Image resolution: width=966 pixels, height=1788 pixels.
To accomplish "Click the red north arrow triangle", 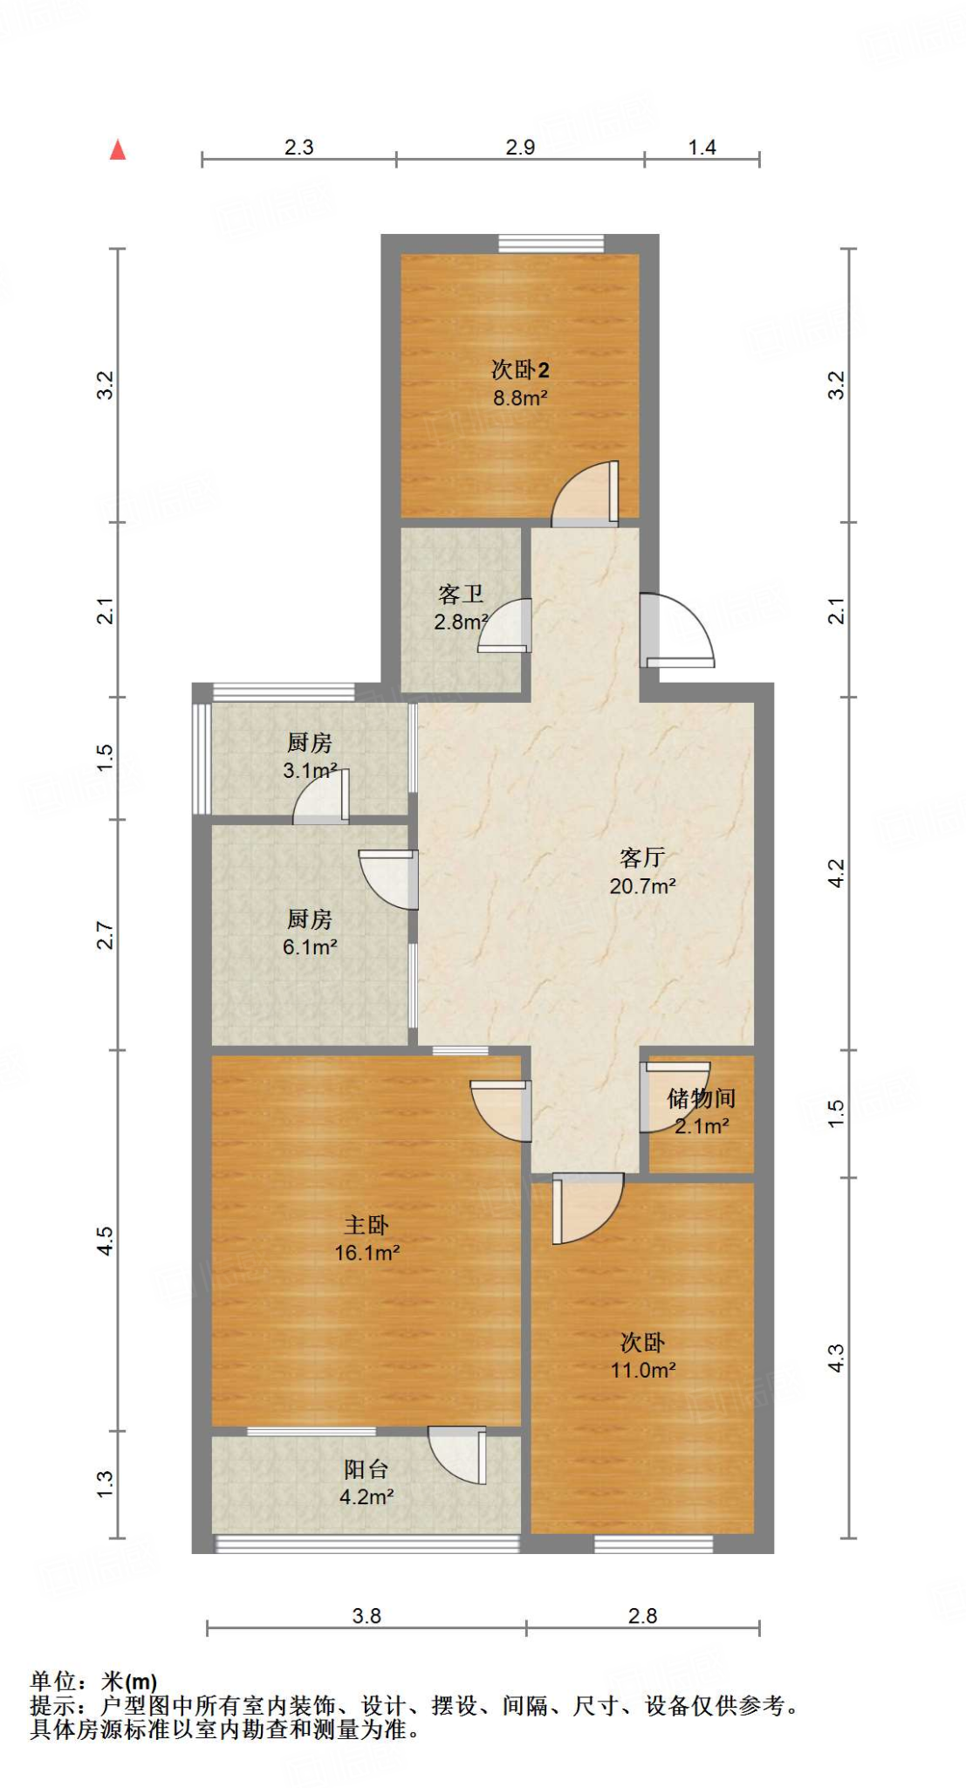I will coord(118,150).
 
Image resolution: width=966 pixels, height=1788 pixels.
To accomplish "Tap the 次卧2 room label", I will coord(520,369).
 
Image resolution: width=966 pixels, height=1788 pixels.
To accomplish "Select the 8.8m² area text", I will coord(520,398).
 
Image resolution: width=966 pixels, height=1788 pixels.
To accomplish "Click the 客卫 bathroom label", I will coord(461,595).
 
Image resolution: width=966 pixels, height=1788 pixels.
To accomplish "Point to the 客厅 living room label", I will coord(642,857).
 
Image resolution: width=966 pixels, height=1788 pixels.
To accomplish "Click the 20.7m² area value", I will coord(642,886).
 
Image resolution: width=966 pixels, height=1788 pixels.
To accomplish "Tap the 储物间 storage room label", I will coord(701,1098).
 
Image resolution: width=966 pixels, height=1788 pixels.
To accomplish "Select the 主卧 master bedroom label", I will coord(367,1225).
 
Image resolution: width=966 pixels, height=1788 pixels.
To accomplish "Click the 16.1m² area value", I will coord(367,1253).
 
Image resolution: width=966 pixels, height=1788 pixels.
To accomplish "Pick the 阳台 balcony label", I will coord(367,1469).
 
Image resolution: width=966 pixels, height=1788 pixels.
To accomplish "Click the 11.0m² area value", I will coord(642,1370).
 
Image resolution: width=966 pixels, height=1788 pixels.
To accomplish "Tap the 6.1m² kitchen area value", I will coord(310,947).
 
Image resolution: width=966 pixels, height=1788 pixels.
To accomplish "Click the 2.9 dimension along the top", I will coord(520,147).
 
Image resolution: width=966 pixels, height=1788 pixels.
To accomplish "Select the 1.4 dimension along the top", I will coord(702,147).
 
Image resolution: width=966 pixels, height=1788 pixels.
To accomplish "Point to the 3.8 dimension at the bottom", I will coord(367,1616).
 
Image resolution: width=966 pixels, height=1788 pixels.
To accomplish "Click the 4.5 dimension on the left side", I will coord(105,1240).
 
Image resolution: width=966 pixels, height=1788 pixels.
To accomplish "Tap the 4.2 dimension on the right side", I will coord(836,873).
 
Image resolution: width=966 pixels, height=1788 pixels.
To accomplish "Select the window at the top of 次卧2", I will coord(551,244).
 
